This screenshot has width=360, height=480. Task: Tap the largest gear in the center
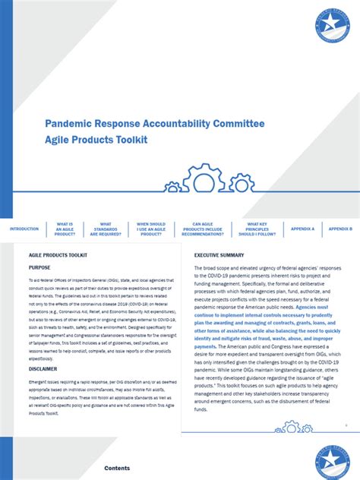tap(203, 179)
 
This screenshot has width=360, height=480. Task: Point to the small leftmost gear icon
tap(174, 186)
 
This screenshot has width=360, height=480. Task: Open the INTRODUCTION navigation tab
tap(24, 229)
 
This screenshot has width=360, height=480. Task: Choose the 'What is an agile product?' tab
tap(65, 229)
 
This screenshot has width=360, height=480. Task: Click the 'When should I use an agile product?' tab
tap(151, 229)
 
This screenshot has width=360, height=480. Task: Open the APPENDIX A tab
tap(302, 229)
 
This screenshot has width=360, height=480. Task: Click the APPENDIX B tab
tap(339, 229)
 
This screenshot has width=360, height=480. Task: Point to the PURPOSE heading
tap(39, 267)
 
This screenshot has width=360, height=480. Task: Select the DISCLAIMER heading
tap(43, 368)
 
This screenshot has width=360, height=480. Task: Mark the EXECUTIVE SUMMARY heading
tap(219, 255)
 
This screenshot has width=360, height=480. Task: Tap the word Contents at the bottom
tap(117, 469)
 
